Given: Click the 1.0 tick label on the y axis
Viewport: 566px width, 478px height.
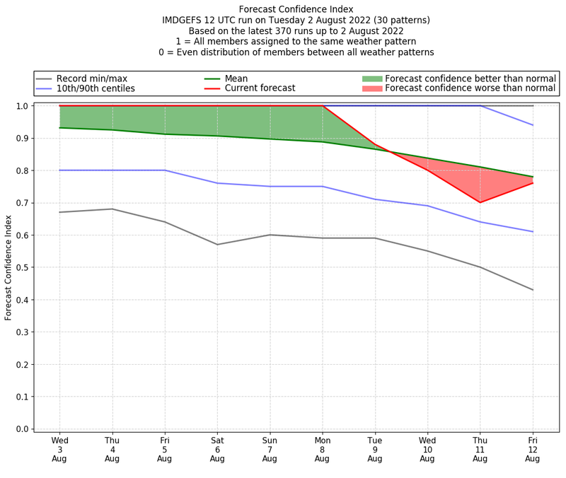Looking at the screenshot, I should (22, 106).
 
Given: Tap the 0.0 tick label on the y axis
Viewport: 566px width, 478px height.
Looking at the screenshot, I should (22, 429).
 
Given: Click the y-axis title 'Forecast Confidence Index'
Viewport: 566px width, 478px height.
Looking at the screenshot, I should (8, 267).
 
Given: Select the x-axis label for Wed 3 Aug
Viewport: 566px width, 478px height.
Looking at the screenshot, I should (59, 449).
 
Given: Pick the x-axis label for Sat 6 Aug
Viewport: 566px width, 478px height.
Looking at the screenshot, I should (217, 449).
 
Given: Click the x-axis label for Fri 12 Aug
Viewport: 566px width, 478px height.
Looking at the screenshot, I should (533, 449).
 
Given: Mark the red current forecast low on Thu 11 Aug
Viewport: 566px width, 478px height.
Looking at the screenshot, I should (480, 202).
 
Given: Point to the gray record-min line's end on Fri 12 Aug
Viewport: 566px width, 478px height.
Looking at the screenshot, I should (533, 290).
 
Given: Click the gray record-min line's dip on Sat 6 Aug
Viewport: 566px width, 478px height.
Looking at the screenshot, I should (217, 245).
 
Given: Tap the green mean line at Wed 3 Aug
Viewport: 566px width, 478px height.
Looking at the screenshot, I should (59, 128).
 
